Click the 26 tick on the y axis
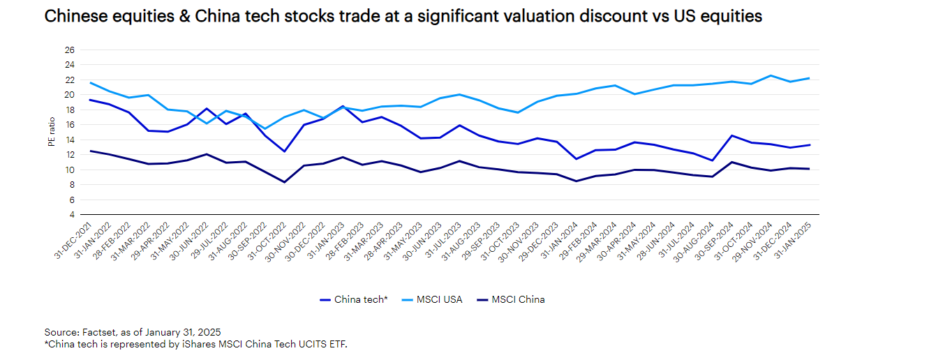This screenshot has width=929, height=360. pyautogui.click(x=69, y=50)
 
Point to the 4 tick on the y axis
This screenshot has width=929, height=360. pyautogui.click(x=71, y=215)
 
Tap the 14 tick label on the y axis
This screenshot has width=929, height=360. pyautogui.click(x=69, y=140)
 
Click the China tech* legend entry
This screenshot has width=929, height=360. pyautogui.click(x=354, y=299)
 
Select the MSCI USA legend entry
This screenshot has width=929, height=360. pyautogui.click(x=436, y=299)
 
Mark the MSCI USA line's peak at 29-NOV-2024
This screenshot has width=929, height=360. pyautogui.click(x=771, y=75)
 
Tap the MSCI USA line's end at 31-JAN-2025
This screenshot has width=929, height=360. pyautogui.click(x=809, y=78)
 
